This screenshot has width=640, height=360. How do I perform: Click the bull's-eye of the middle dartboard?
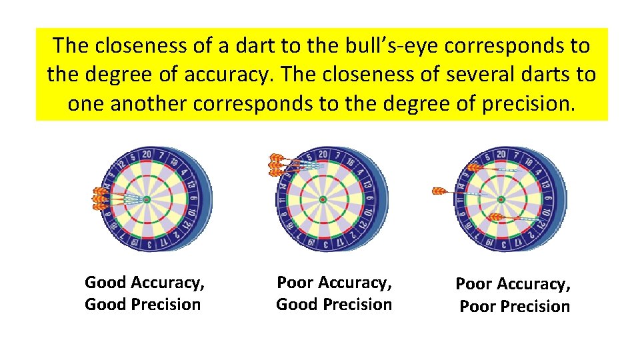322,199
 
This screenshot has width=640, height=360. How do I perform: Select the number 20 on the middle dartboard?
323,155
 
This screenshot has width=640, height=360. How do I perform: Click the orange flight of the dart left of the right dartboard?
439,191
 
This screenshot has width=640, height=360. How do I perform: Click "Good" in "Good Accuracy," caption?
105,283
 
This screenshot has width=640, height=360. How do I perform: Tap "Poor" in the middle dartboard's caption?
295,283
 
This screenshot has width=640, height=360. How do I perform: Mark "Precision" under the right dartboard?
534,307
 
